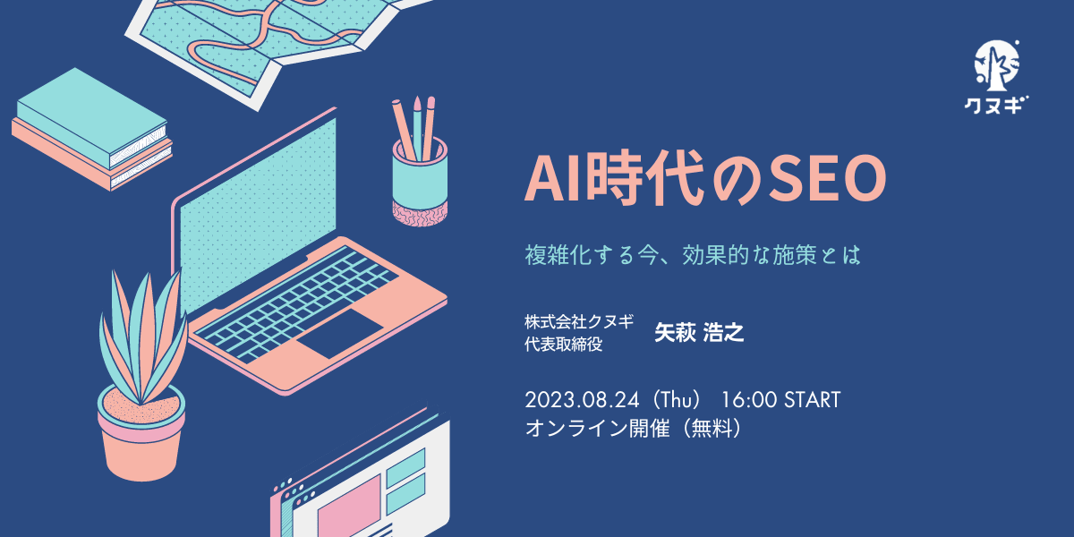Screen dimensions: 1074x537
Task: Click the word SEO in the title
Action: [x=827, y=178]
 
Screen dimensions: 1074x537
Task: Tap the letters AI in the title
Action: [x=555, y=178]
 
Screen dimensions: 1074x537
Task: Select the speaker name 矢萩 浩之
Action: [x=699, y=333]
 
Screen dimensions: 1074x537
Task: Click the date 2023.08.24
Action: [x=582, y=400]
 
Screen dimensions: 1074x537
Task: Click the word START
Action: [x=813, y=400]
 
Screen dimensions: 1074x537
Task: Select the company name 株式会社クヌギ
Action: [x=579, y=321]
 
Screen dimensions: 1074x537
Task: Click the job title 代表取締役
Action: [x=563, y=345]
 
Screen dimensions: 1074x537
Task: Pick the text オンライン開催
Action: [x=597, y=428]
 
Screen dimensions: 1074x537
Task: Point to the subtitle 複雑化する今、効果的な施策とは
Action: [x=693, y=254]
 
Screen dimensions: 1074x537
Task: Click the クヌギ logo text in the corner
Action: [x=995, y=105]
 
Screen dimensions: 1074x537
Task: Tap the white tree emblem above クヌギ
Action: [x=997, y=66]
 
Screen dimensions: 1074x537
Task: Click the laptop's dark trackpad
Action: [x=341, y=332]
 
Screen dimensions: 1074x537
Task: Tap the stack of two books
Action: [x=91, y=130]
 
